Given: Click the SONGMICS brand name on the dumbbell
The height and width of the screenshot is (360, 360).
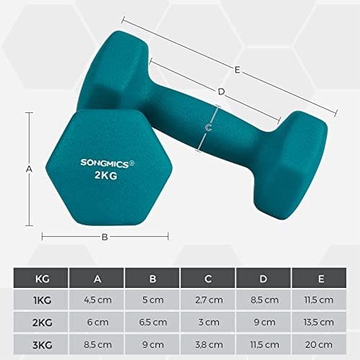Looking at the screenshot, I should click(x=105, y=163).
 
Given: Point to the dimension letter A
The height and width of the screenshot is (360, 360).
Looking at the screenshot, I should click(x=29, y=168).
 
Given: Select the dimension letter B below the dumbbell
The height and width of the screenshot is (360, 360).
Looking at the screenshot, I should click(x=104, y=236).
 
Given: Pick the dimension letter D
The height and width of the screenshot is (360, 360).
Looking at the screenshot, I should click(x=222, y=91).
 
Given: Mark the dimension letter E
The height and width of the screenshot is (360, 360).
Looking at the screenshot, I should click(x=238, y=69).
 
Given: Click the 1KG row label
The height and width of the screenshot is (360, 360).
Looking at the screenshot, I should click(x=41, y=300).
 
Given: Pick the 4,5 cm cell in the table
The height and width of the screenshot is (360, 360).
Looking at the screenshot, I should click(x=96, y=300).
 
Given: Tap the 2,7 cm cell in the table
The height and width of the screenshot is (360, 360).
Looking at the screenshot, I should click(x=208, y=300).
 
